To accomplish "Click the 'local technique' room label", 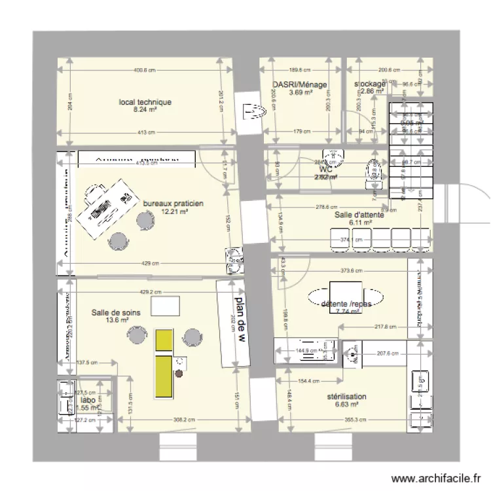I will [x=145, y=102].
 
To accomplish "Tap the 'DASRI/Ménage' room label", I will [x=300, y=84].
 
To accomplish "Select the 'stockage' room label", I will [x=370, y=84].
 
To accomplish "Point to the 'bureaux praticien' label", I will [x=173, y=204].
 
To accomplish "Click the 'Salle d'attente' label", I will [x=360, y=215].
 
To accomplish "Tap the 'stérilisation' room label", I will [x=346, y=397].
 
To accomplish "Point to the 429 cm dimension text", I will [x=151, y=264].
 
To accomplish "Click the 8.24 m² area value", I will [x=145, y=110].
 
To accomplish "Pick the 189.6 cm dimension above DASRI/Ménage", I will [x=300, y=70].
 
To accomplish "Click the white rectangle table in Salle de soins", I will [x=165, y=306].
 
